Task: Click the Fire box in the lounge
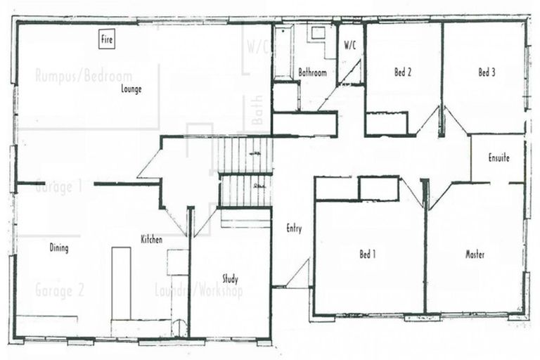click(107, 40)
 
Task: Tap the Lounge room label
click(131, 89)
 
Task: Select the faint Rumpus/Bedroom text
click(84, 76)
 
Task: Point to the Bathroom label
click(312, 72)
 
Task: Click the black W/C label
click(350, 45)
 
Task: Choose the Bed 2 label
click(402, 72)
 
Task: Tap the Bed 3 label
click(487, 72)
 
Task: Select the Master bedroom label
click(475, 255)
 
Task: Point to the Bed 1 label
click(367, 255)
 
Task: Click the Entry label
click(294, 229)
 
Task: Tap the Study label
click(230, 278)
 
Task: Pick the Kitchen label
click(151, 240)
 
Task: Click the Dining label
click(59, 248)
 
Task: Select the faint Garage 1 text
click(60, 187)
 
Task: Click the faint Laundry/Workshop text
click(198, 290)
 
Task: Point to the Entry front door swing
click(298, 274)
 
